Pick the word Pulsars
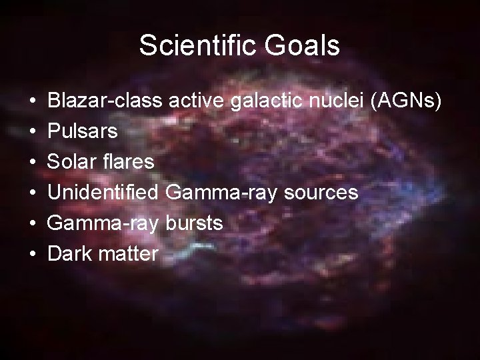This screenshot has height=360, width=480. pyautogui.click(x=83, y=131)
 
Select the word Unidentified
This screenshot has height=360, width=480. pyautogui.click(x=103, y=193)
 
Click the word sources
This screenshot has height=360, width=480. pyautogui.click(x=321, y=193)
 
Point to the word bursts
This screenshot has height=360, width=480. pyautogui.click(x=193, y=223)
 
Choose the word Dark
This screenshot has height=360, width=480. pyautogui.click(x=70, y=254)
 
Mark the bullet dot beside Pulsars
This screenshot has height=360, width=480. pyautogui.click(x=33, y=132)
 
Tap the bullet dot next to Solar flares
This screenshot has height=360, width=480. pyautogui.click(x=33, y=163)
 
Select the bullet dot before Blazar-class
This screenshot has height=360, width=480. pyautogui.click(x=33, y=101)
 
